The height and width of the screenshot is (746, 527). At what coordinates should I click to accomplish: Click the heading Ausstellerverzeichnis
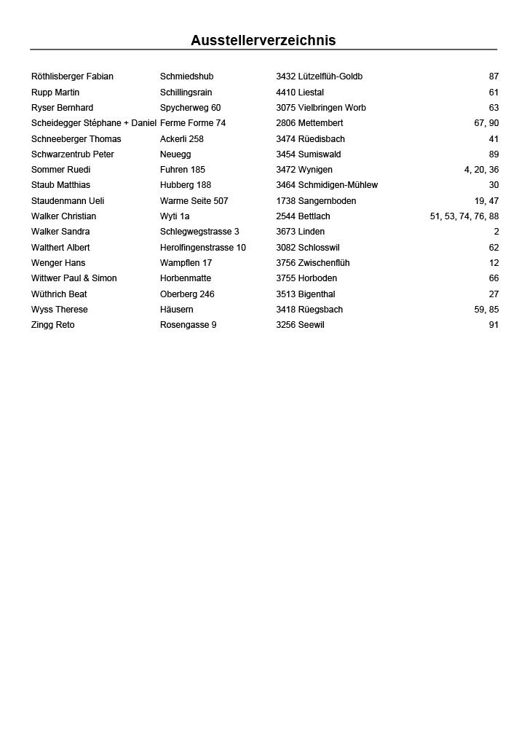point(263,41)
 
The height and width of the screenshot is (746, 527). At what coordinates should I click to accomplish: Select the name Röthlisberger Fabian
point(72,76)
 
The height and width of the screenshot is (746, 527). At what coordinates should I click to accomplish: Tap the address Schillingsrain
point(186,93)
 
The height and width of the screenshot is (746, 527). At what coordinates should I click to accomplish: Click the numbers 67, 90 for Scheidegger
point(486,123)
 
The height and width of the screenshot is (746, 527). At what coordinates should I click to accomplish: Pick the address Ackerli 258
point(181,139)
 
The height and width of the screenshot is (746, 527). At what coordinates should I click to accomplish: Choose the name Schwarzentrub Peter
point(72,154)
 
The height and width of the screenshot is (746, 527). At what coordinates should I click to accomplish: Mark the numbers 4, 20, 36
point(481,170)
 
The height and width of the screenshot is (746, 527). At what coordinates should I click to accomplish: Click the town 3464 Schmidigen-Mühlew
point(326,185)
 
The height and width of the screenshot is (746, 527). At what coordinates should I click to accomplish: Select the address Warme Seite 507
point(194,201)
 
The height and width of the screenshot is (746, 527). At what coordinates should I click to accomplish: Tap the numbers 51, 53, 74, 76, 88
point(464,216)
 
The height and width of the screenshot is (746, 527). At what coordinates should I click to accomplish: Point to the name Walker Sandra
point(60,232)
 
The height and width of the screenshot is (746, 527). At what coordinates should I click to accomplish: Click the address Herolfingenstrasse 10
point(202,248)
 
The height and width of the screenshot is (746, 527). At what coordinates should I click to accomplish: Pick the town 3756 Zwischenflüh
point(312,263)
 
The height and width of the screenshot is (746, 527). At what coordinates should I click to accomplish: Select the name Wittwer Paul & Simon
point(74,278)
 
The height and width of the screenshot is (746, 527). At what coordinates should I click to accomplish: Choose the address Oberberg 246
point(187,294)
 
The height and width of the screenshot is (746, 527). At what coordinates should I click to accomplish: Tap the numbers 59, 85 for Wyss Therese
point(486,310)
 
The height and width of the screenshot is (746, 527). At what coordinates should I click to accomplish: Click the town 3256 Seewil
point(300,325)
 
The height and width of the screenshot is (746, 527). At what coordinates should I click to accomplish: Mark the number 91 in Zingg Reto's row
point(494,325)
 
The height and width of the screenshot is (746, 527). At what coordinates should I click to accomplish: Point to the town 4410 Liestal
point(299,93)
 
